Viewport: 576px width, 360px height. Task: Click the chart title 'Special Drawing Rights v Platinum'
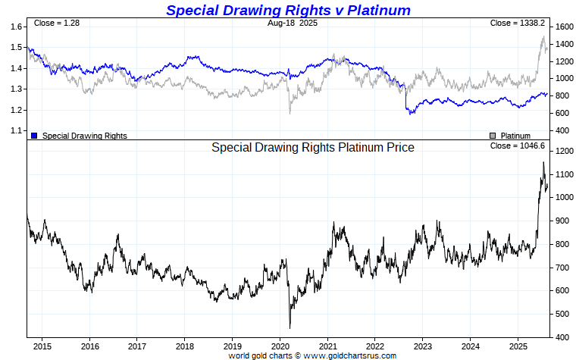288,10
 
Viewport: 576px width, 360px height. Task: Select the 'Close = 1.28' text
57,23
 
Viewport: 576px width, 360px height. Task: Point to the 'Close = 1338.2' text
518,23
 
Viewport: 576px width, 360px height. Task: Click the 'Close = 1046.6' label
518,146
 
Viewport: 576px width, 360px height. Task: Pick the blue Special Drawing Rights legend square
34,136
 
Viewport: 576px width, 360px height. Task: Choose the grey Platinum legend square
492,136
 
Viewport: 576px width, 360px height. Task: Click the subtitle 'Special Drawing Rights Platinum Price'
312,148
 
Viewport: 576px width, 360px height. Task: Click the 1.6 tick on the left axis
16,27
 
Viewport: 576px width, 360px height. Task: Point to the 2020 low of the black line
290,327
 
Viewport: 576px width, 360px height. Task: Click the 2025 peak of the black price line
543,162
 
